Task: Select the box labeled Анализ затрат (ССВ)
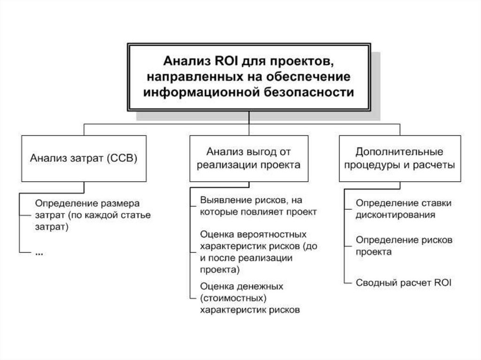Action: [x=84, y=158]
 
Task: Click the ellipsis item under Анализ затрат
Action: [x=39, y=252]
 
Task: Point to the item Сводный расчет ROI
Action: [x=403, y=283]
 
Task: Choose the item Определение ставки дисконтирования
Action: [x=403, y=209]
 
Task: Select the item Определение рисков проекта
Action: [x=403, y=245]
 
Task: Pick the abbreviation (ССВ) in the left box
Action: [x=121, y=158]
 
